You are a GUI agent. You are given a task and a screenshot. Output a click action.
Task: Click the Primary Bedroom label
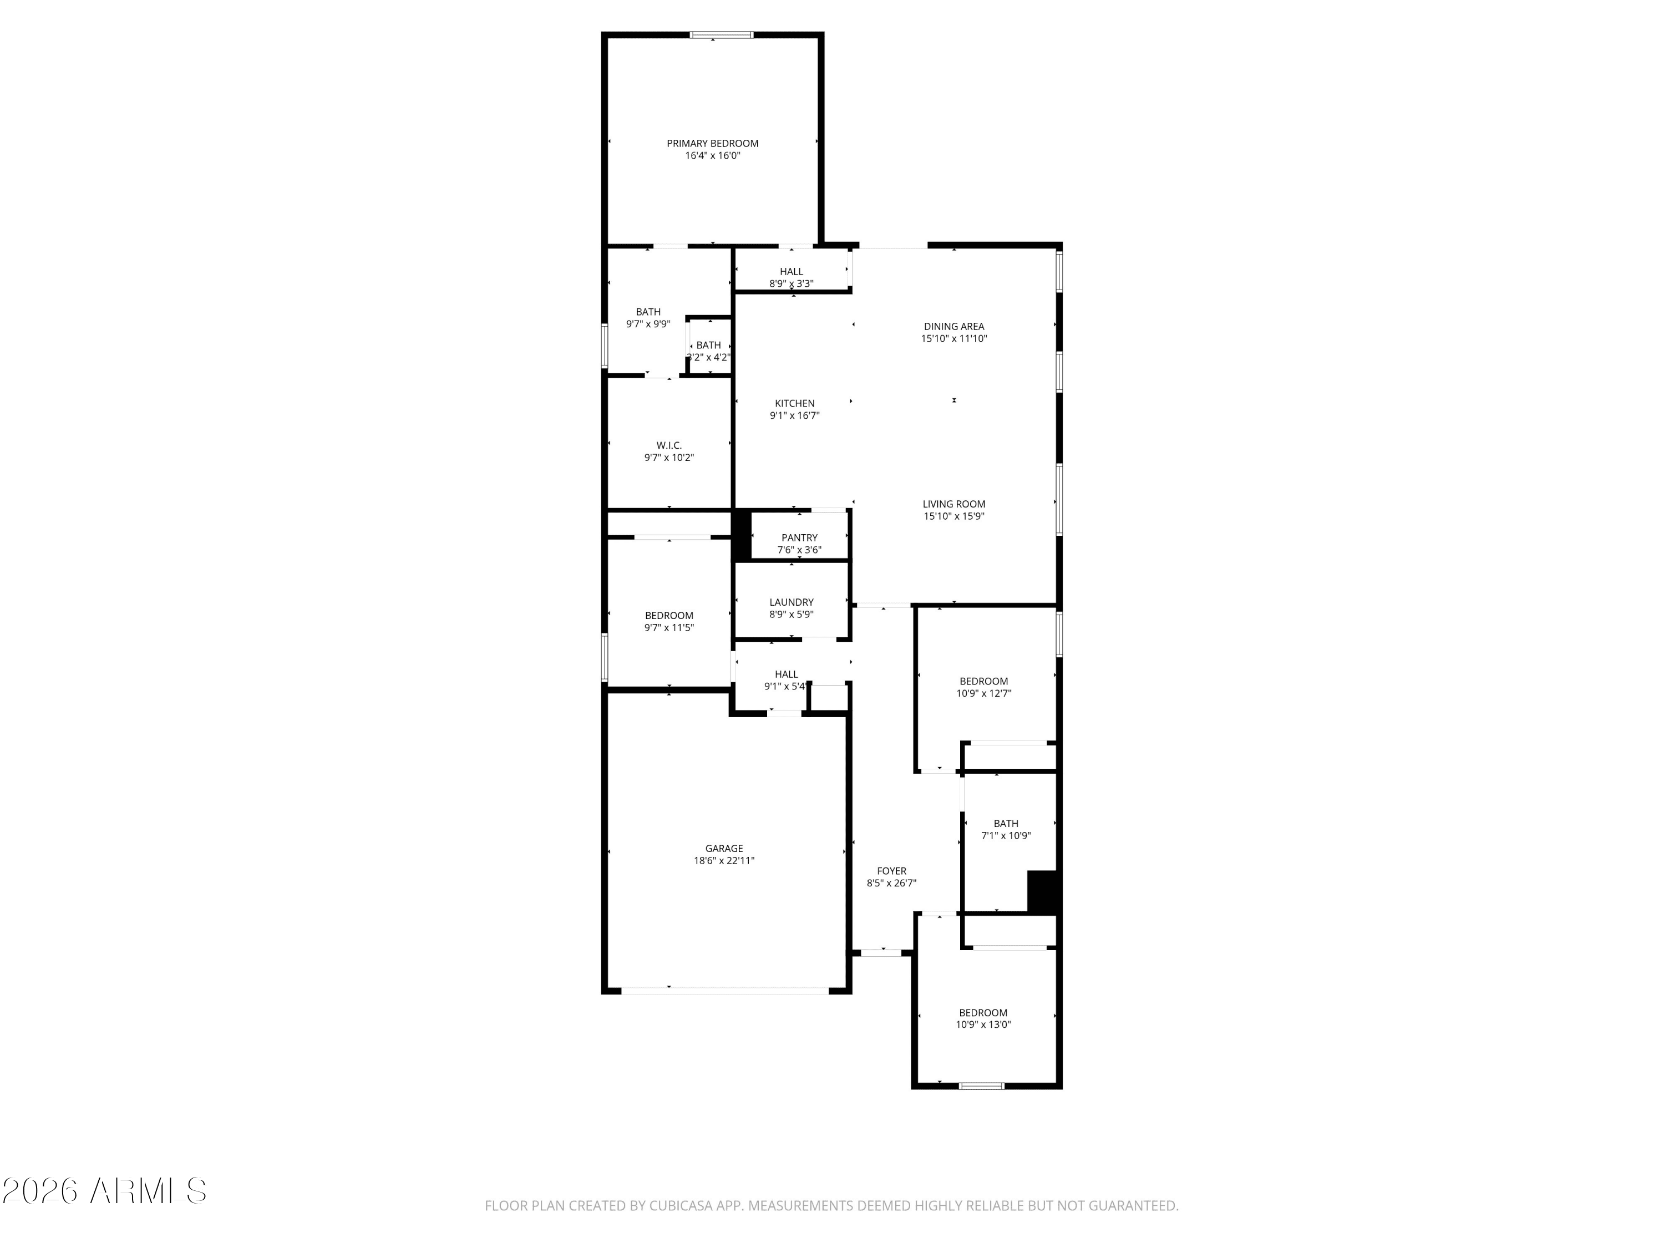pyautogui.click(x=712, y=144)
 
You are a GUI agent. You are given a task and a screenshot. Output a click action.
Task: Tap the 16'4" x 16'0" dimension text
pyautogui.click(x=712, y=156)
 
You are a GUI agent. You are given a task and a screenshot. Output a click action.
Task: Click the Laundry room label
pyautogui.click(x=792, y=602)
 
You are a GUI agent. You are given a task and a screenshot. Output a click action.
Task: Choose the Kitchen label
pyautogui.click(x=794, y=404)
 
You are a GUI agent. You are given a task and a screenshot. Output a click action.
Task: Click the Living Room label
pyautogui.click(x=954, y=505)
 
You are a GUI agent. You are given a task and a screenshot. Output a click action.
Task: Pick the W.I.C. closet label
pyautogui.click(x=669, y=446)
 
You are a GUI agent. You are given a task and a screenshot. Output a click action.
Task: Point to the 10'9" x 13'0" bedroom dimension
pyautogui.click(x=983, y=1024)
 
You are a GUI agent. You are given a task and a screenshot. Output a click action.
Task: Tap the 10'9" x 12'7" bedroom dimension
pyautogui.click(x=983, y=693)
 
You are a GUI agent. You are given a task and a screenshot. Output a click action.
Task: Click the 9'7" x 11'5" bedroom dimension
pyautogui.click(x=669, y=627)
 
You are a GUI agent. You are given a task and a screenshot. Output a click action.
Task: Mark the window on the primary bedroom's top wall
pyautogui.click(x=722, y=34)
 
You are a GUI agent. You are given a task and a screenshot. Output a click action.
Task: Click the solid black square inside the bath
pyautogui.click(x=1043, y=892)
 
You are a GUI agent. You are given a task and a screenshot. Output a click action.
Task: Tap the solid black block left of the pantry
pyautogui.click(x=742, y=535)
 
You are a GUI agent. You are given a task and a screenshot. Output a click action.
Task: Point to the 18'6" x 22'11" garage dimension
pyautogui.click(x=724, y=861)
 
